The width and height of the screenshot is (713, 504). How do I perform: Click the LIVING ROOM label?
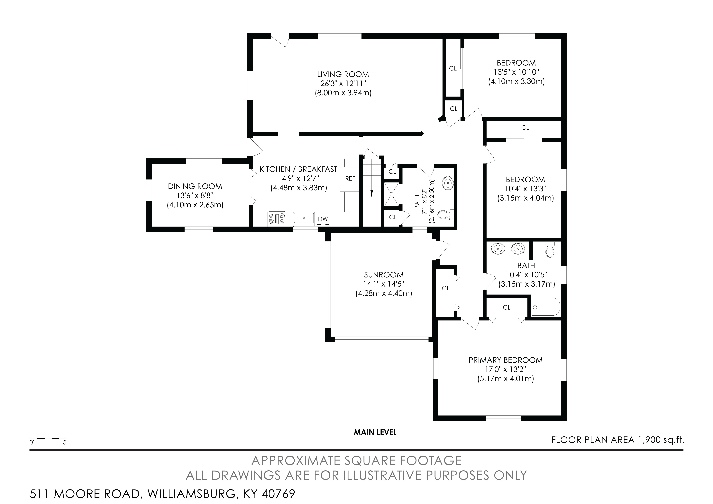[x=343, y=74]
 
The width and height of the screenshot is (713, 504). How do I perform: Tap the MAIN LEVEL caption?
[x=375, y=432]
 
